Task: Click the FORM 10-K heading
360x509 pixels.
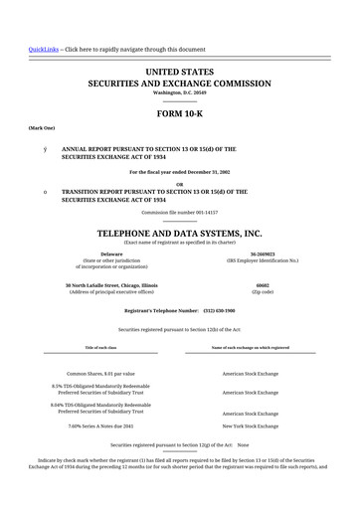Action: point(180,112)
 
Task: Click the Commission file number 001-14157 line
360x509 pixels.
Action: point(180,213)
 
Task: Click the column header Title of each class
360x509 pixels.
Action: point(99,347)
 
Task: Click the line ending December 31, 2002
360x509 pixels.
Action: point(180,173)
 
